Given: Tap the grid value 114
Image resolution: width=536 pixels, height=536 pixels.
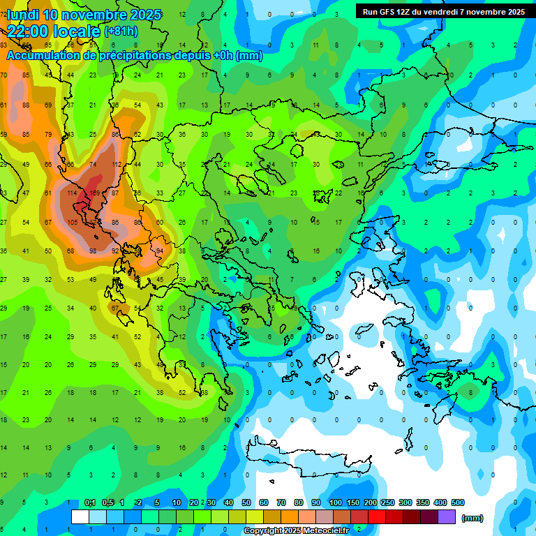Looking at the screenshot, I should point(73,193).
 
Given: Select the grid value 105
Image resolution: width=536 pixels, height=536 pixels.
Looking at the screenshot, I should point(73,222).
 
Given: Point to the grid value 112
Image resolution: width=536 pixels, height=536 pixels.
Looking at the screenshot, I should point(117,165).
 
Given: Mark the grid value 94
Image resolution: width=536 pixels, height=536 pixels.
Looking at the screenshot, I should point(159,251).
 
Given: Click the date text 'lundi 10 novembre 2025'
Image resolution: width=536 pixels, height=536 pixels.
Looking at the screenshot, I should point(84,15).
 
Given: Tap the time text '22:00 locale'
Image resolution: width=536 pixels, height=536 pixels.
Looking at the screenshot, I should point(54,31).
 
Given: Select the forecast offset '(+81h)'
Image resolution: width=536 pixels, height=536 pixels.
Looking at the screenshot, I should point(121,31).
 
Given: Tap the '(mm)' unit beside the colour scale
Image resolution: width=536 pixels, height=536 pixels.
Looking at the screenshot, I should point(472,518).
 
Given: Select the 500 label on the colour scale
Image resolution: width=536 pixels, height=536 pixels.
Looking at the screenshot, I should point(457,503).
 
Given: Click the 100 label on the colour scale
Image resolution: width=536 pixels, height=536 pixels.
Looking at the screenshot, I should point(335,503).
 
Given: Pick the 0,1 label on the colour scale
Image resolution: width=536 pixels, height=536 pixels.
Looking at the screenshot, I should point(90,503).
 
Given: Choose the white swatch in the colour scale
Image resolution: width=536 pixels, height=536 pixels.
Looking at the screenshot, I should point(80,517).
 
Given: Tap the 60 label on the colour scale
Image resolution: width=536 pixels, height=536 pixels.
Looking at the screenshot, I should point(264,503).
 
